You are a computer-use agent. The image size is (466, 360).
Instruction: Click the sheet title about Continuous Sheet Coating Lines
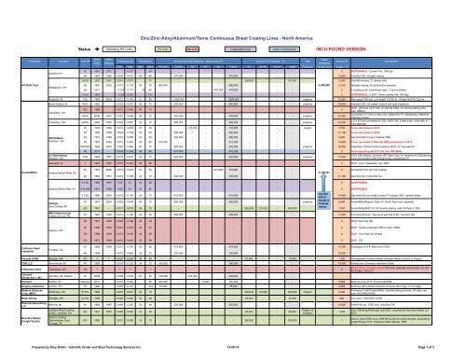(x=233, y=7)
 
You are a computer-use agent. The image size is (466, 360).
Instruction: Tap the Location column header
(x=60, y=35)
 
